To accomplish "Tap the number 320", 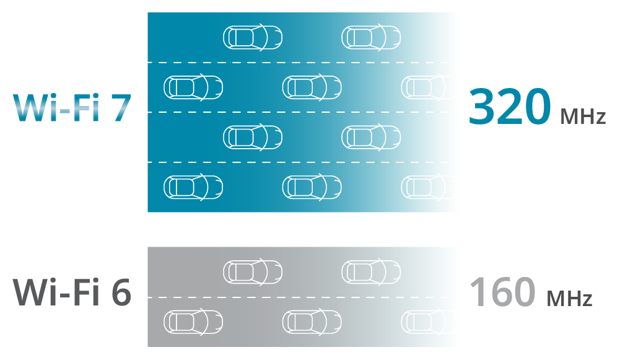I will click(509, 107).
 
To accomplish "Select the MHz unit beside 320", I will click(583, 116).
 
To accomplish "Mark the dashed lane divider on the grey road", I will click(303, 297).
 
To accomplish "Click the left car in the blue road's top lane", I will click(253, 37).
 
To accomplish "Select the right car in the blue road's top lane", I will click(371, 37).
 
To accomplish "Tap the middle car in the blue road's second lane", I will click(312, 87).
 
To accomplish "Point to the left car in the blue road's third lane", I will click(253, 137).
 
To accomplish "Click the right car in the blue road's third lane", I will click(371, 137).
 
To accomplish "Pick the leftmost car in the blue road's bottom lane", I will click(193, 187).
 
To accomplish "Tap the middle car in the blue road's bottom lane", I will click(312, 187).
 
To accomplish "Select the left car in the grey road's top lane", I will click(253, 271).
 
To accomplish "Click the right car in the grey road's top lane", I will click(371, 271).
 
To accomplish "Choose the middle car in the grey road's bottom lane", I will click(312, 322).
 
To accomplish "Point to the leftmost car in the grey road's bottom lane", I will click(193, 322).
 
